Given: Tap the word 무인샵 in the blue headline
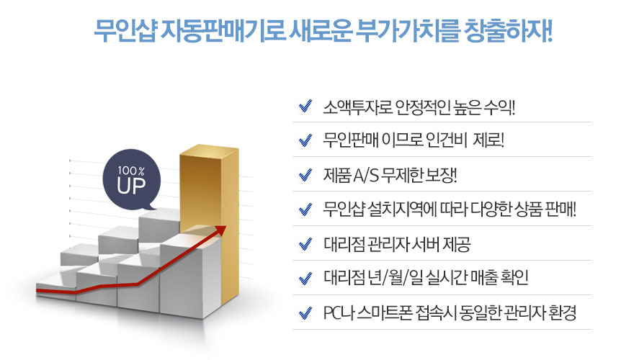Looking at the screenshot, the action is [125, 31].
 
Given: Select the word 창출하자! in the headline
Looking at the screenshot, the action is [508, 31].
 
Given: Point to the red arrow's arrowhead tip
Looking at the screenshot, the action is [226, 227].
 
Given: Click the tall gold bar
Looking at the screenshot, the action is [210, 226].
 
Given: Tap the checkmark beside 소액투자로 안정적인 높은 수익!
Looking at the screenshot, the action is [305, 107].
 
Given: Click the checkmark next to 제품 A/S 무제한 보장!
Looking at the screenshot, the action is [305, 175].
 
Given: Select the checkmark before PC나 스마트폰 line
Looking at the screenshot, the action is [305, 312].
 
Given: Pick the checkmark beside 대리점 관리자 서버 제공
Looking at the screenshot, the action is [305, 244].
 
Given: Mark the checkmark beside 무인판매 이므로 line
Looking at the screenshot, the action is [305, 140].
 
